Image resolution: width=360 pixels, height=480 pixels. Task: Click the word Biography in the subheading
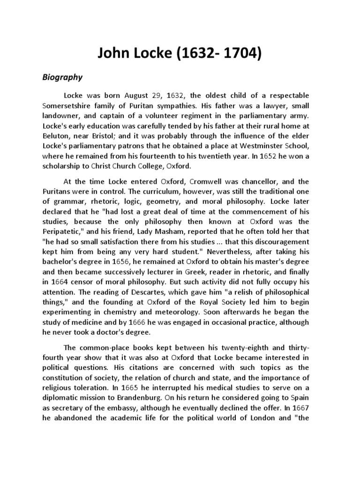(x=62, y=77)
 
